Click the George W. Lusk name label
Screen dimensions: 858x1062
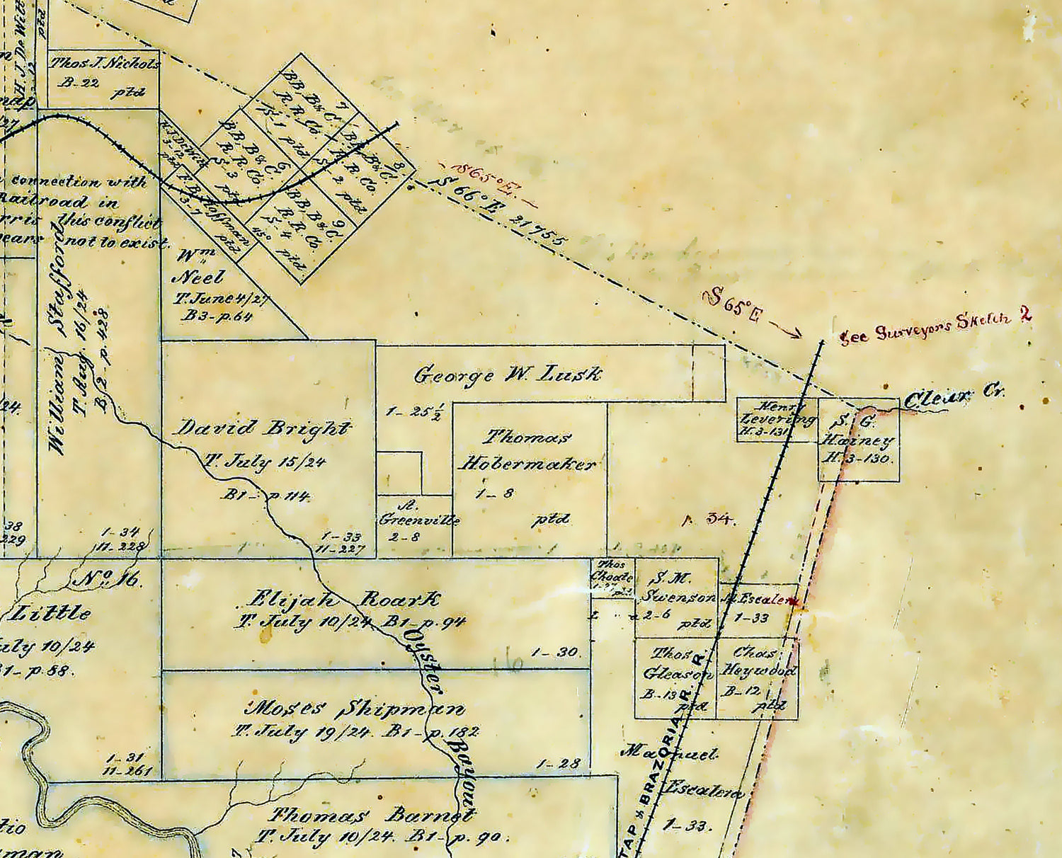pyautogui.click(x=507, y=374)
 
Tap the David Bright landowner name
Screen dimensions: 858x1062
pyautogui.click(x=263, y=428)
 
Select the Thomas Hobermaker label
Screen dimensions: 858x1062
pyautogui.click(x=528, y=451)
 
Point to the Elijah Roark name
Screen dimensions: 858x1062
pyautogui.click(x=343, y=600)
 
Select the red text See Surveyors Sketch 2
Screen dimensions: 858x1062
pyautogui.click(x=935, y=326)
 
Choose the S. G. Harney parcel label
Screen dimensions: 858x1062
pyautogui.click(x=857, y=440)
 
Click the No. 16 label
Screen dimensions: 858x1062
pyautogui.click(x=109, y=579)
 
